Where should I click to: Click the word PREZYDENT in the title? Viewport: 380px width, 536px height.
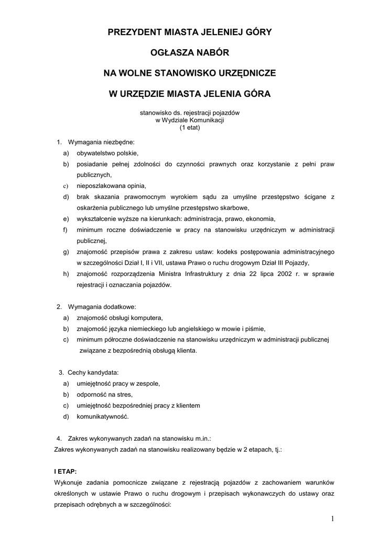point(134,32)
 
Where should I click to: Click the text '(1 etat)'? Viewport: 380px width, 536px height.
point(190,127)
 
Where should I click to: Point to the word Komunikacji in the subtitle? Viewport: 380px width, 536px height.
point(207,120)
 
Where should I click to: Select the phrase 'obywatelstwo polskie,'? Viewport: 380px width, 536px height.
point(107,153)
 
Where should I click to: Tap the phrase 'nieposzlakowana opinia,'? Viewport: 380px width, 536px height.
point(111,186)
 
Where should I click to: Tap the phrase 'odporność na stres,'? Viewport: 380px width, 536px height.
point(105,395)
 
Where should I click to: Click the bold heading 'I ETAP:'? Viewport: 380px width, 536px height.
point(66,471)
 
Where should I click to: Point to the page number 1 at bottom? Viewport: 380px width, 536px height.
point(332,519)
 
